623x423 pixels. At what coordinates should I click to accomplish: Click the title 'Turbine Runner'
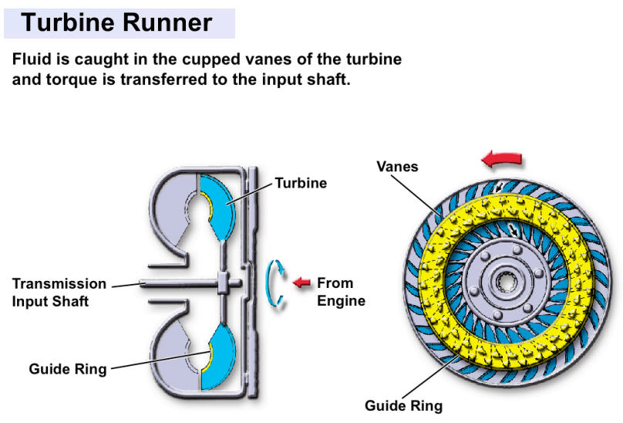point(116,22)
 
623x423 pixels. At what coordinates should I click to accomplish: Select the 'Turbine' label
point(301,183)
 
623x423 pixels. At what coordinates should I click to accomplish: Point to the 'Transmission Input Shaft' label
point(59,293)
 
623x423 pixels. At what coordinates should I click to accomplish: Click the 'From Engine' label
point(340,292)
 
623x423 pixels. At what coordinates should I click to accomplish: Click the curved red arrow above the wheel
point(501,159)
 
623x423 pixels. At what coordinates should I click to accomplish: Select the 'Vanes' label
point(398,166)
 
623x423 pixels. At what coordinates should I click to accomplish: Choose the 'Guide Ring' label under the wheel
point(404,405)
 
